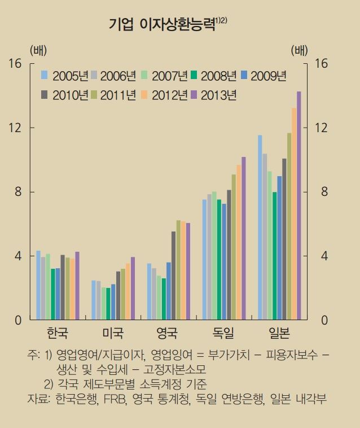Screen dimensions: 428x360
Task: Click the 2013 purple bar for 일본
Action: click(x=299, y=206)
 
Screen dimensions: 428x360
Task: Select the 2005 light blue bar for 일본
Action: click(x=260, y=228)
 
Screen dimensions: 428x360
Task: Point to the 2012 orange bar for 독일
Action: click(x=239, y=243)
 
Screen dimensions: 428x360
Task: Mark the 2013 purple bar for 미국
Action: click(x=133, y=289)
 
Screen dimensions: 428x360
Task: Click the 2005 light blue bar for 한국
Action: click(x=38, y=285)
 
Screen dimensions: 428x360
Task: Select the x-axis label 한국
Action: click(x=58, y=333)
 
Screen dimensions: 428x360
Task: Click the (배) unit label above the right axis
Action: click(x=300, y=49)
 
